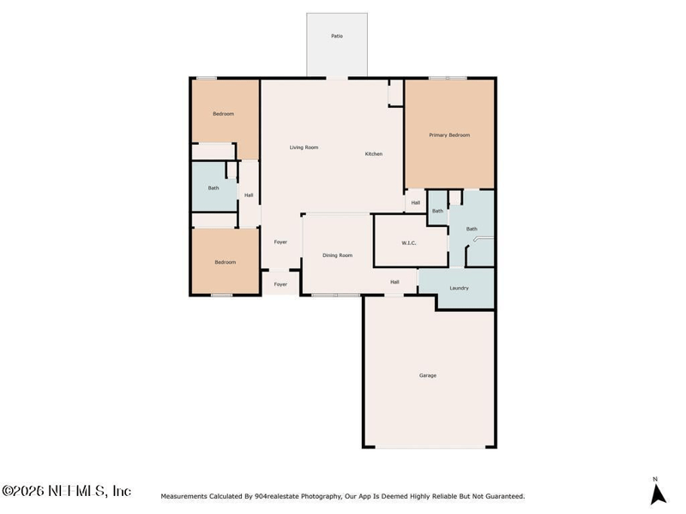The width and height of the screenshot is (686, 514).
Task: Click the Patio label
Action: click(337, 36)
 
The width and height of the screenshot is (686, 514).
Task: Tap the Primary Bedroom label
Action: click(449, 135)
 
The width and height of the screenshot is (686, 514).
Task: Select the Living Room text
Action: click(304, 147)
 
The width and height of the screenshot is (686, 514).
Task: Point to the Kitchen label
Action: click(374, 154)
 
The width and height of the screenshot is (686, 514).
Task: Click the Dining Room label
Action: click(337, 255)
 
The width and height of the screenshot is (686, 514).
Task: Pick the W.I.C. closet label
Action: click(409, 243)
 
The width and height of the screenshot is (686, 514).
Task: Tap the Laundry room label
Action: click(459, 289)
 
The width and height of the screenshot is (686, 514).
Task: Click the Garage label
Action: click(427, 375)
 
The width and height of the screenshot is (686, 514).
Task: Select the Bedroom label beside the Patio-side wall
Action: click(223, 114)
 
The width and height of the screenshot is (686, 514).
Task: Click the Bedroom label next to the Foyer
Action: click(226, 262)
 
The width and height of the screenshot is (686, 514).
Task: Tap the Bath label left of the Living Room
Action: click(214, 188)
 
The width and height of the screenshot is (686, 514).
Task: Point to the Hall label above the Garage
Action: click(394, 282)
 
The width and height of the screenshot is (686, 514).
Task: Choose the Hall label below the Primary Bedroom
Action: click(416, 202)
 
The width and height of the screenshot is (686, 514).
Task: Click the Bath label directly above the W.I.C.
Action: click(437, 211)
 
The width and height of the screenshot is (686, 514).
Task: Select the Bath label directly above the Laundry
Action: click(472, 229)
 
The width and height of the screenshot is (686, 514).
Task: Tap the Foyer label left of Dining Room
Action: click(280, 242)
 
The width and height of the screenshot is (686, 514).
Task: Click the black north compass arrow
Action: click(658, 494)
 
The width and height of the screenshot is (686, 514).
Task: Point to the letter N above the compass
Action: click(655, 479)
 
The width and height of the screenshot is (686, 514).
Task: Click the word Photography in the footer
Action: click(321, 497)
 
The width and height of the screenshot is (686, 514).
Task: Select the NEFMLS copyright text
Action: click(66, 491)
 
